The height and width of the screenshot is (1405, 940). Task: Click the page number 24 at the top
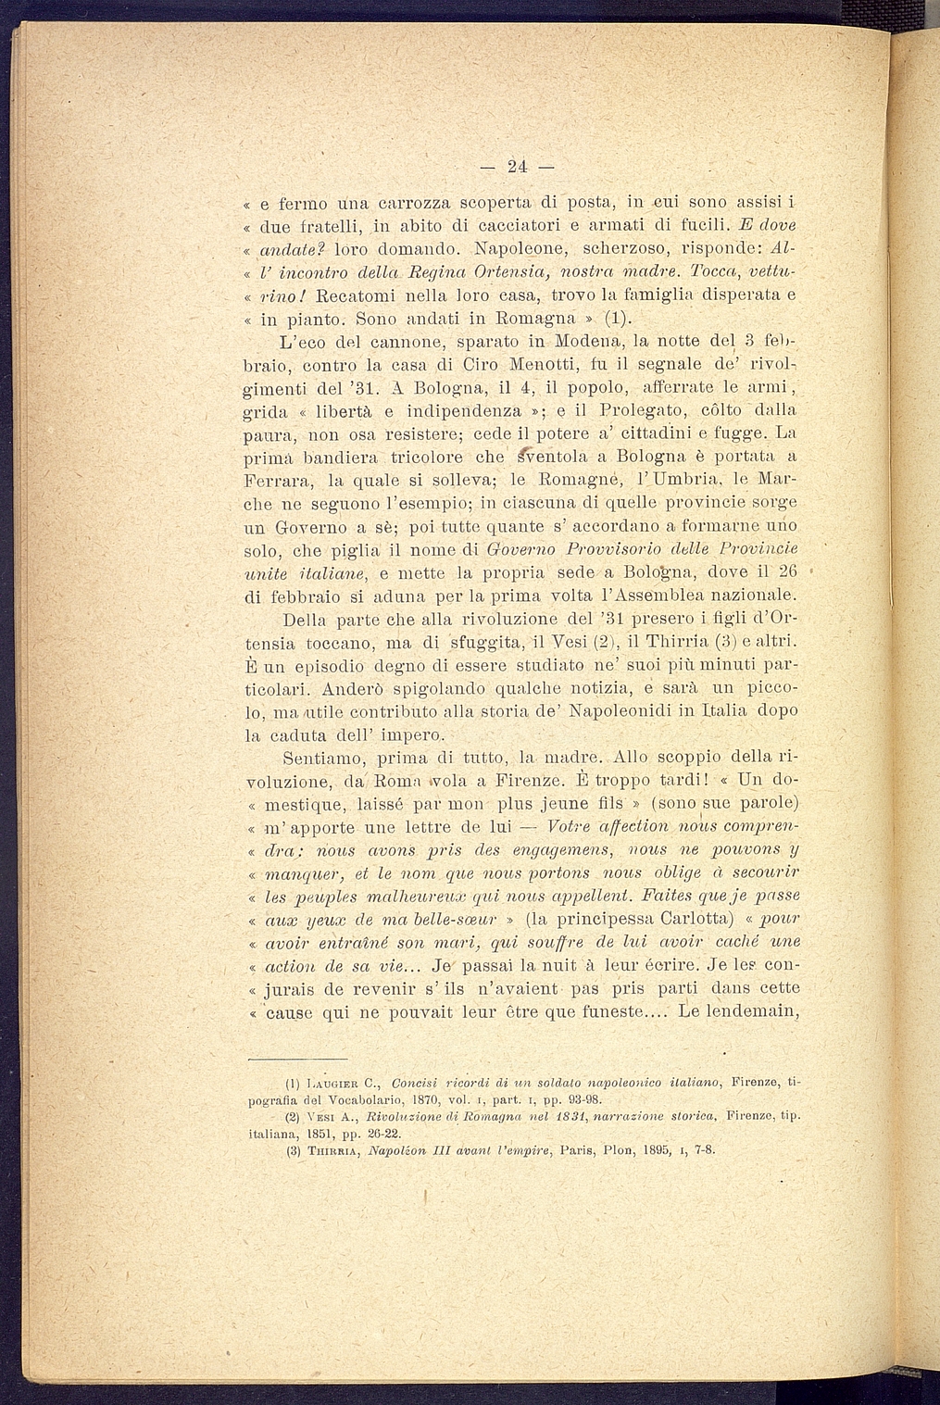(516, 167)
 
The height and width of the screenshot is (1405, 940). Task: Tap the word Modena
(580, 343)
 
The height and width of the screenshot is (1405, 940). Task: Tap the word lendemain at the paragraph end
(752, 1010)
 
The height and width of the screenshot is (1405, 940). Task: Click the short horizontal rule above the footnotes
(297, 1058)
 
